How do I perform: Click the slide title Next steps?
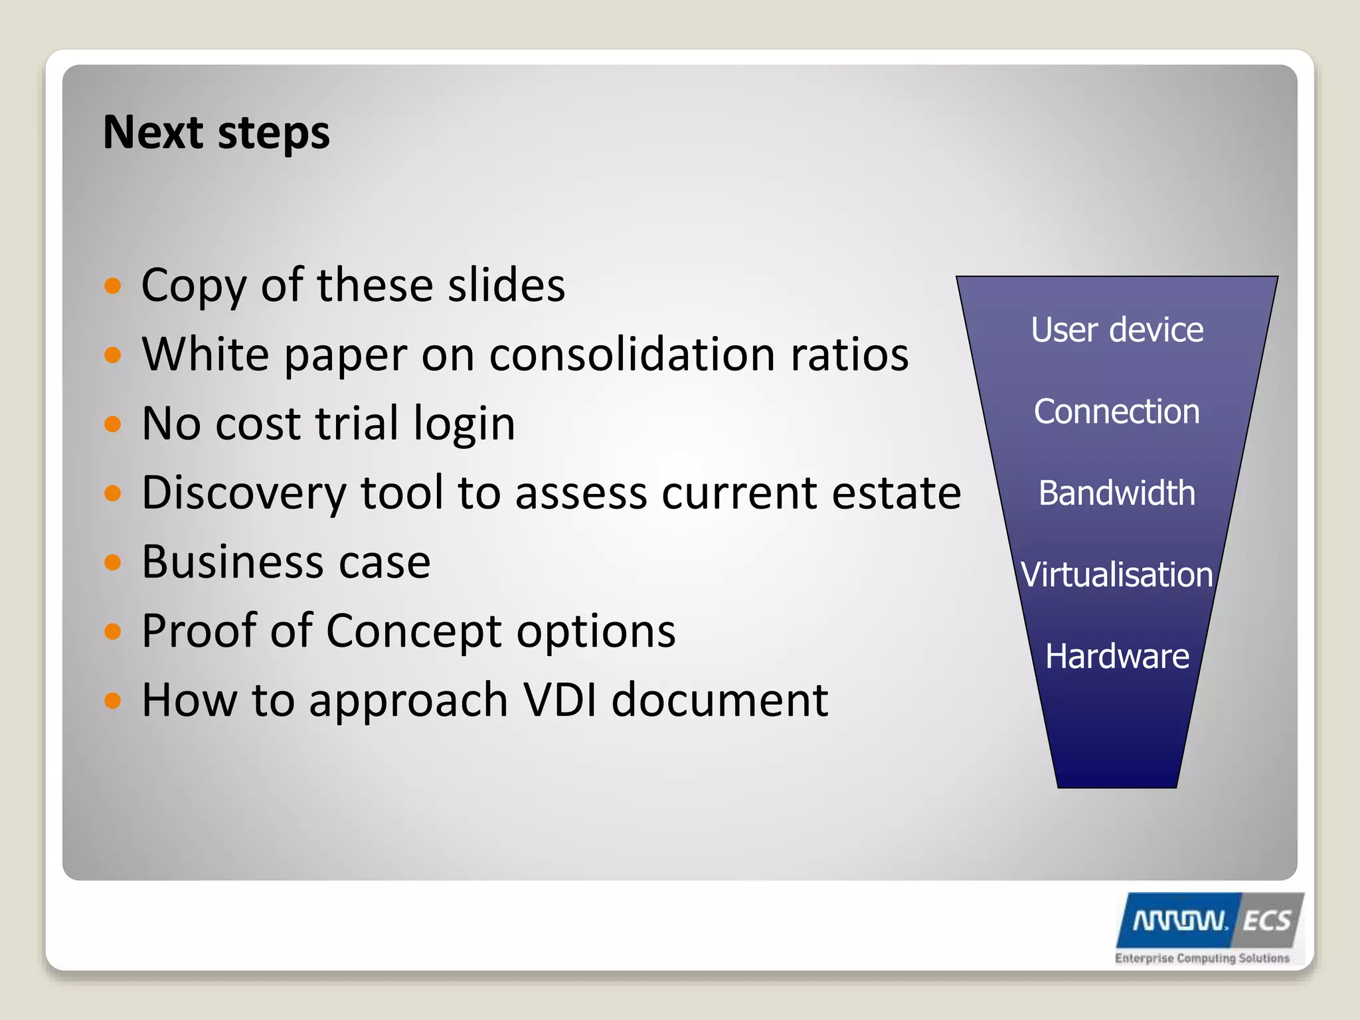[216, 133]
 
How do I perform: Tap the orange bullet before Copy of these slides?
[113, 286]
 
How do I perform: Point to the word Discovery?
[244, 493]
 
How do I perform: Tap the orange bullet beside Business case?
[113, 562]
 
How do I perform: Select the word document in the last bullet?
[719, 700]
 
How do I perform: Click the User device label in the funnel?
[1117, 330]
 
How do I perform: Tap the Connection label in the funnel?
[1117, 412]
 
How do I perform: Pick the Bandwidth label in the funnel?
[1117, 493]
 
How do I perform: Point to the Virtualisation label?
[1117, 574]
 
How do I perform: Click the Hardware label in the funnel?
[1117, 656]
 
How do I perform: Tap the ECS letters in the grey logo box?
[1266, 921]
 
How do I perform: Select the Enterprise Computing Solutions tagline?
[1202, 958]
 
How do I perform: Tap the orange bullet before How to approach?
[113, 701]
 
